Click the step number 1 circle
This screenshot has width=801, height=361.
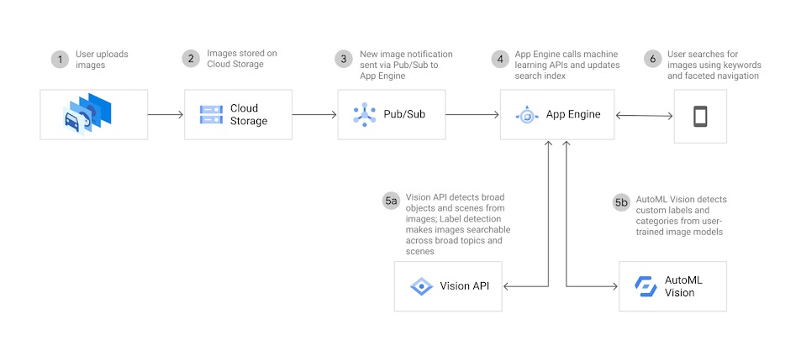[x=59, y=59]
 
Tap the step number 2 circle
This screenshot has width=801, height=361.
[x=191, y=59]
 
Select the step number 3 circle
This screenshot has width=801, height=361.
[x=342, y=59]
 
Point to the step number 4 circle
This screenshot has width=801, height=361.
[x=501, y=59]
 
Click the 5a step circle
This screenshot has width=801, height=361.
[x=391, y=201]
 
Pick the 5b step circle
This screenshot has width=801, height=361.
[x=621, y=202]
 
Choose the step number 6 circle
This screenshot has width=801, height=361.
[x=651, y=59]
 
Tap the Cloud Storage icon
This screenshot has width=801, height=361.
[x=211, y=114]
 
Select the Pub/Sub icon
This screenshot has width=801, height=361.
[x=365, y=114]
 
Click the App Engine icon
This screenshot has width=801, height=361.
[x=527, y=114]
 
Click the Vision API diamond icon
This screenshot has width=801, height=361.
[x=421, y=287]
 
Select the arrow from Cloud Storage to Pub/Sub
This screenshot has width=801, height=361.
[x=315, y=114]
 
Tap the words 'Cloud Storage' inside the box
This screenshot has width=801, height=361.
[x=249, y=114]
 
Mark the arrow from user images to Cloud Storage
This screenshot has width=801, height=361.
[x=166, y=114]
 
